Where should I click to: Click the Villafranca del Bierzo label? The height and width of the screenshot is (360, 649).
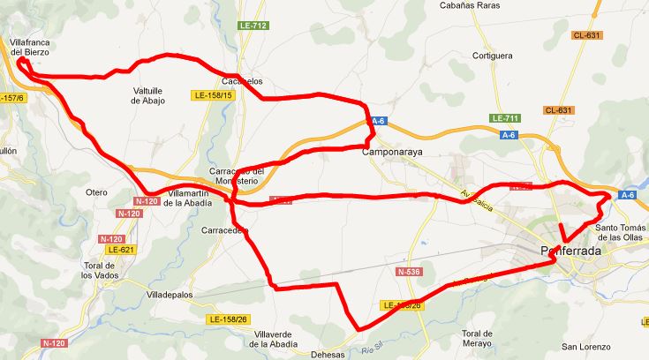click(28, 47)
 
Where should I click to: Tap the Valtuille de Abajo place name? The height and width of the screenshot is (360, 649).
click(147, 95)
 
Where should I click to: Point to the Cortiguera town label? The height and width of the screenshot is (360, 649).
click(492, 56)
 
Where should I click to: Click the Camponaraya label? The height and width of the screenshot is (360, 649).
click(395, 152)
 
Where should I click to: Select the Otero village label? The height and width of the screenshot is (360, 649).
click(96, 192)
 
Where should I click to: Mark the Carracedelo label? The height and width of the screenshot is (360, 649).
click(225, 230)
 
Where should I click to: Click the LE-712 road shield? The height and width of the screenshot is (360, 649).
click(253, 26)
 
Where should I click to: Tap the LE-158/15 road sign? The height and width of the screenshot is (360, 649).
click(213, 94)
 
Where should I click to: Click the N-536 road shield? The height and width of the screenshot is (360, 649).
click(408, 272)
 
